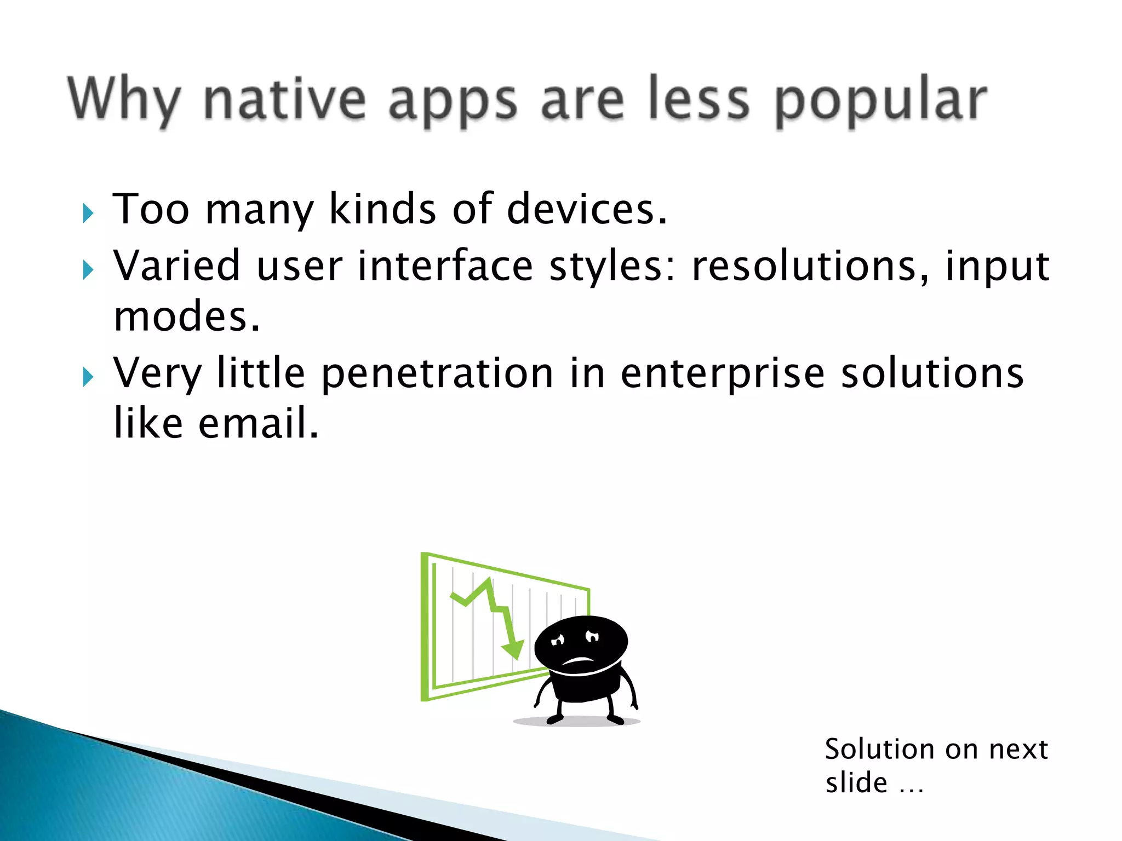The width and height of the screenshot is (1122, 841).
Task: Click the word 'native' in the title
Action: click(284, 100)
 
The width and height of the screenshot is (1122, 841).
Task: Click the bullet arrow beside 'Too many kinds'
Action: click(88, 213)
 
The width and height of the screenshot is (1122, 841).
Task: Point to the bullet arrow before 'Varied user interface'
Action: click(88, 269)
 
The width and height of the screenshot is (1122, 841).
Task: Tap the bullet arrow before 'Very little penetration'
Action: click(88, 377)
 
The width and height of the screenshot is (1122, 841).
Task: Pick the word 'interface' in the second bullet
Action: click(445, 266)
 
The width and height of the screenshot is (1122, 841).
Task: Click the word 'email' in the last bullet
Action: click(257, 424)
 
